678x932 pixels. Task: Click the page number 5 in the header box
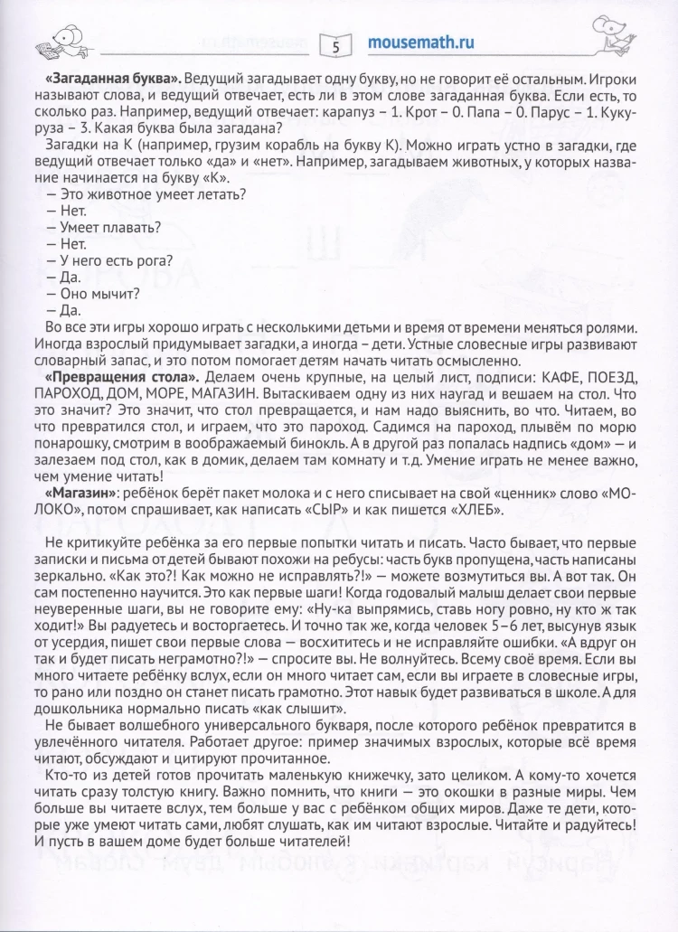(x=336, y=43)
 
